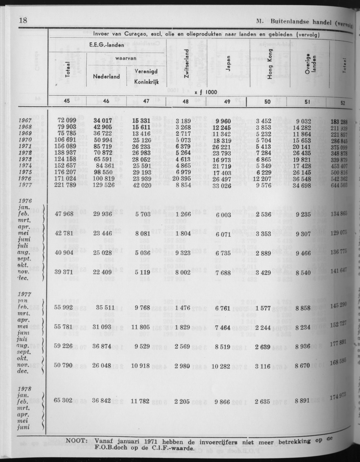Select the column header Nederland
[x=106, y=77]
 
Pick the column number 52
[x=342, y=102]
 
